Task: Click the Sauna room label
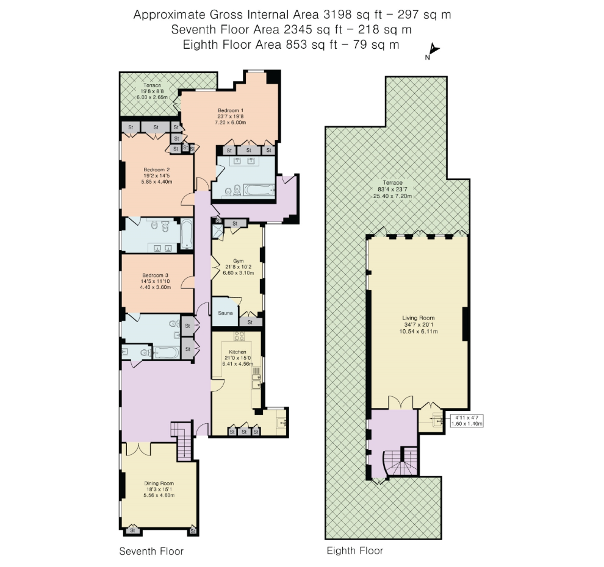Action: click(x=225, y=313)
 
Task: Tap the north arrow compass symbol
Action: click(x=433, y=51)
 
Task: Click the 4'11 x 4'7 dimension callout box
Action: click(x=467, y=421)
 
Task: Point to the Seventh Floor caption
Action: click(x=151, y=551)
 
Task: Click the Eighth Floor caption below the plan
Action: click(x=354, y=551)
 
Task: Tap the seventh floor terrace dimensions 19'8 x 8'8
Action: click(x=152, y=91)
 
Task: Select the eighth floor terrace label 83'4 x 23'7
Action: click(x=392, y=190)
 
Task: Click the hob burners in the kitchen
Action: click(x=239, y=336)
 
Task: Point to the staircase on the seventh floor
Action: click(x=182, y=441)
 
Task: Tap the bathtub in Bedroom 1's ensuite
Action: click(x=259, y=190)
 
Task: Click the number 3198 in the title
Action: click(x=337, y=15)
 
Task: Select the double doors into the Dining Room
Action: click(x=138, y=449)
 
